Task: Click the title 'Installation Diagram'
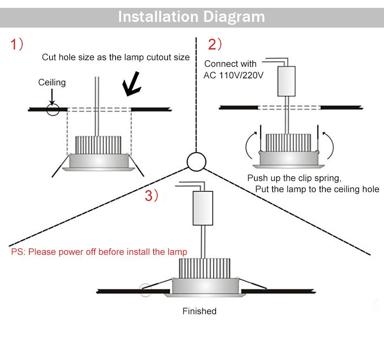(x=192, y=17)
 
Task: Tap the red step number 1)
(x=17, y=44)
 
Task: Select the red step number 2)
(x=215, y=44)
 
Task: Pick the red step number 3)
(x=151, y=196)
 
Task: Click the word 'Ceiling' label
(x=52, y=82)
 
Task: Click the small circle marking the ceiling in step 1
(x=53, y=109)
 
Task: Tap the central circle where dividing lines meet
(x=196, y=161)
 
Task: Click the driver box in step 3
(x=202, y=208)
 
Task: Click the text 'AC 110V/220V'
(x=233, y=76)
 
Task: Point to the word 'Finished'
(x=199, y=311)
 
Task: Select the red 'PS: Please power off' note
(x=99, y=252)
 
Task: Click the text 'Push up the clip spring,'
(x=294, y=179)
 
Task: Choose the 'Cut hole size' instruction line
(x=116, y=57)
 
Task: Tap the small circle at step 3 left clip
(x=145, y=290)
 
